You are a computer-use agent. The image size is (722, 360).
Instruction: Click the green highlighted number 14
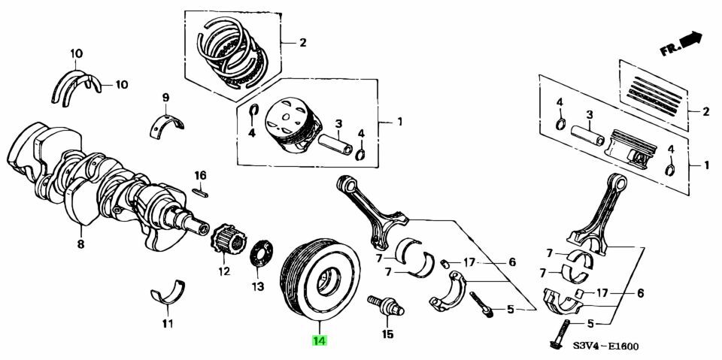pyautogui.click(x=320, y=340)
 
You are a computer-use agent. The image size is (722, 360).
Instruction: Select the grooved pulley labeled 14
pyautogui.click(x=320, y=280)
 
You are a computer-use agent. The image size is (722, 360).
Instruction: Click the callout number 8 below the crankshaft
pyautogui.click(x=80, y=244)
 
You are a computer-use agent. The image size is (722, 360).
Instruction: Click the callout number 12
pyautogui.click(x=224, y=271)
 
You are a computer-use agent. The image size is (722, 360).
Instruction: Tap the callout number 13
pyautogui.click(x=258, y=287)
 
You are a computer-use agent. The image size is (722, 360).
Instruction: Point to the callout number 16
pyautogui.click(x=200, y=175)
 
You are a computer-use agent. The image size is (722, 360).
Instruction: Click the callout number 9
pyautogui.click(x=165, y=97)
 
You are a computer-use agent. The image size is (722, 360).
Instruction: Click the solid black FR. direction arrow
pyautogui.click(x=690, y=38)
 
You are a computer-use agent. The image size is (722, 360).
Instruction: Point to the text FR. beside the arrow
pyautogui.click(x=669, y=49)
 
